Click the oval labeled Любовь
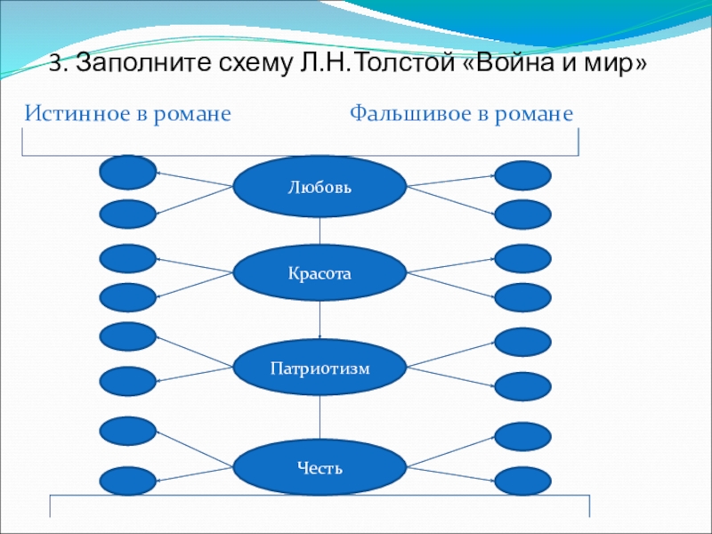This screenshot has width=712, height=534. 320,188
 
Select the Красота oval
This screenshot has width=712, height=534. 320,274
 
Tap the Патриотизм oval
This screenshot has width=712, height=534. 320,367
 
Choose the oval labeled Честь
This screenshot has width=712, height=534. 320,468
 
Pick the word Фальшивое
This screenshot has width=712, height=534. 400,114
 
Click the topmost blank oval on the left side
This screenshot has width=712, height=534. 128,172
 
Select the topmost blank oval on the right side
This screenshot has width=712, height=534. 522,175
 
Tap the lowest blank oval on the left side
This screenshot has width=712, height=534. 128,481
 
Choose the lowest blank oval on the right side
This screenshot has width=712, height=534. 522,481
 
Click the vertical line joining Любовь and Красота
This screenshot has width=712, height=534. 320,231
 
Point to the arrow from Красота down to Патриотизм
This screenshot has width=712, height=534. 320,319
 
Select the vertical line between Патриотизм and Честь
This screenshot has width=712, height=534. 320,418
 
